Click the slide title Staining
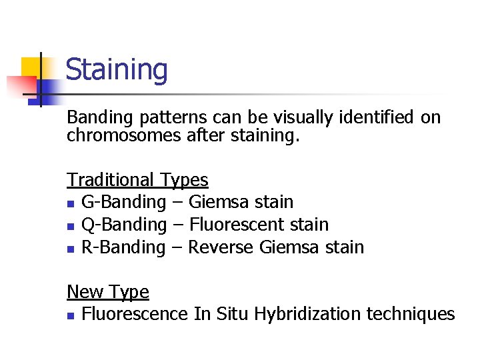click(117, 70)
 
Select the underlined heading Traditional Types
click(137, 180)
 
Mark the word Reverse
click(221, 247)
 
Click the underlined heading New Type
click(108, 292)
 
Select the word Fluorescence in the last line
click(135, 314)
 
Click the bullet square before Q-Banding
click(71, 226)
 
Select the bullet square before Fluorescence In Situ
click(71, 315)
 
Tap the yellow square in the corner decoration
click(31, 67)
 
